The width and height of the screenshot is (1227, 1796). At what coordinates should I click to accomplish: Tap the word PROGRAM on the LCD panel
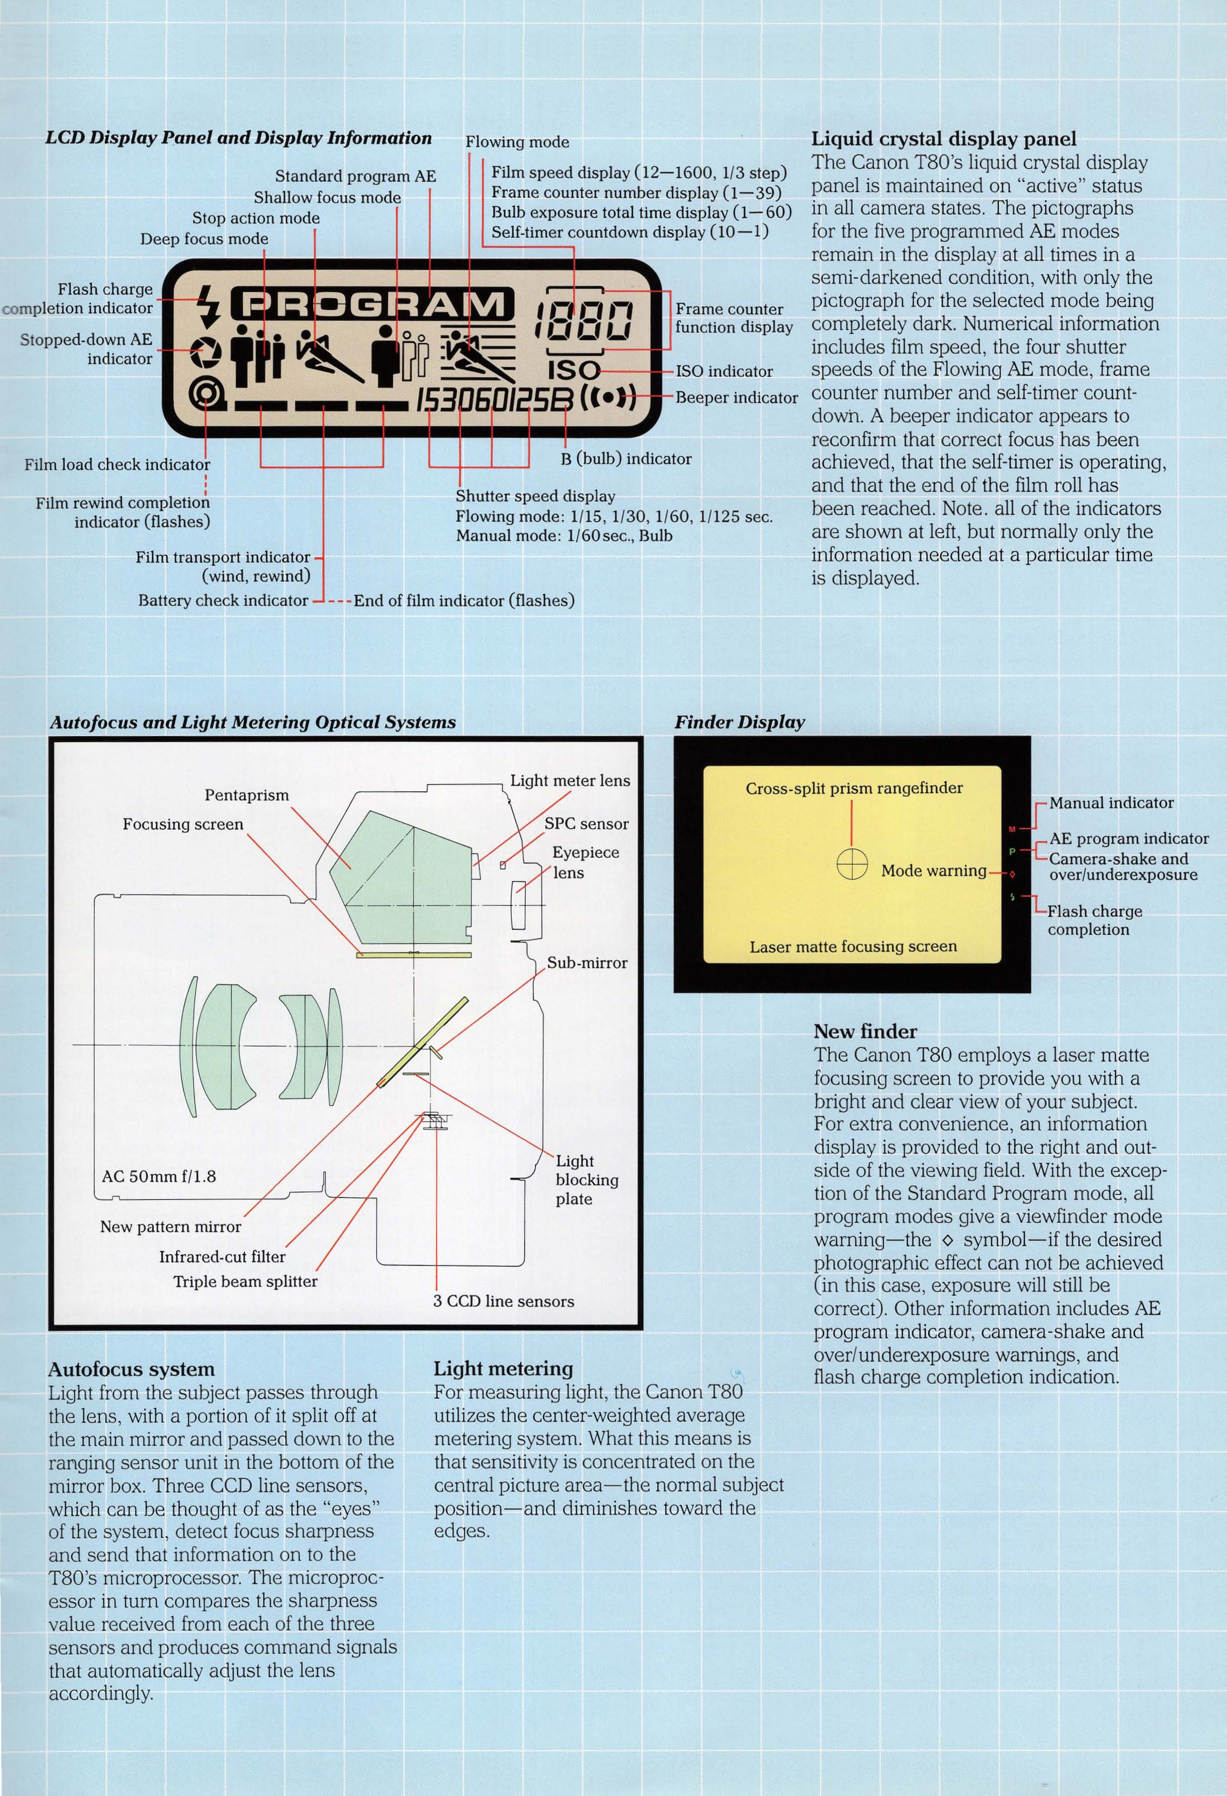tap(373, 304)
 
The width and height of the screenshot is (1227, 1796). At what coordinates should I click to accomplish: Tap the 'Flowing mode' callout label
tap(516, 142)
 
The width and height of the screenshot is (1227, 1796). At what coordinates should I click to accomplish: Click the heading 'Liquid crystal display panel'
tap(943, 139)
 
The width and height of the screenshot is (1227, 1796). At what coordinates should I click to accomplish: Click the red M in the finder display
tap(1012, 829)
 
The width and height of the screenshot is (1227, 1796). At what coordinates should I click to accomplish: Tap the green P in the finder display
tap(1012, 851)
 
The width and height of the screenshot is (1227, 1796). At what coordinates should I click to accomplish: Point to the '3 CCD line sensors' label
tap(504, 1301)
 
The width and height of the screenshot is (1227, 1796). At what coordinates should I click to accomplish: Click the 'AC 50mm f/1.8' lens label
tap(159, 1176)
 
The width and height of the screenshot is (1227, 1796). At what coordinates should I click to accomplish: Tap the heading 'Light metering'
tap(504, 1368)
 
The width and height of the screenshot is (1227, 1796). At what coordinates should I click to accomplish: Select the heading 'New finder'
tap(865, 1031)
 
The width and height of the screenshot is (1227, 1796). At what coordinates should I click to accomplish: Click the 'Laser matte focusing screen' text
tap(853, 947)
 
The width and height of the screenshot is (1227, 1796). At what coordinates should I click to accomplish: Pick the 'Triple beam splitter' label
tap(245, 1281)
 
